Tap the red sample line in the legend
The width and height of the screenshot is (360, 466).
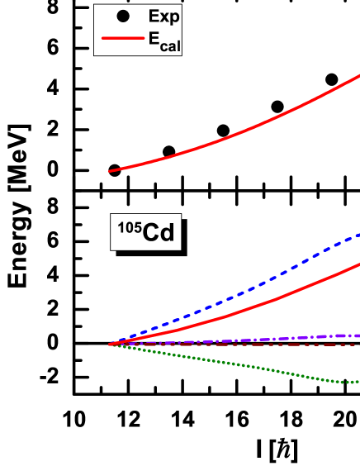click(x=122, y=39)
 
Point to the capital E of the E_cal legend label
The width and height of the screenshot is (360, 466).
click(x=154, y=38)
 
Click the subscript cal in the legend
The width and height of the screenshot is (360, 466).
click(x=170, y=45)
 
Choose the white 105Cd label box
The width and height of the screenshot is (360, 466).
click(x=145, y=232)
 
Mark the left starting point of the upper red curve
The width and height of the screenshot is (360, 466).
click(x=110, y=171)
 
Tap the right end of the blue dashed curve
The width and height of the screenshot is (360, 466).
click(x=358, y=235)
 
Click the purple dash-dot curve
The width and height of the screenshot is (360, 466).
click(x=248, y=340)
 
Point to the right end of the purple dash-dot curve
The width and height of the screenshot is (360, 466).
click(x=358, y=335)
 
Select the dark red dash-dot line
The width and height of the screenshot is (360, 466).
click(x=248, y=345)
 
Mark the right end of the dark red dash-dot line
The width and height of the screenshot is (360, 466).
click(x=358, y=345)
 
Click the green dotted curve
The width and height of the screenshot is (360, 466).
click(x=248, y=366)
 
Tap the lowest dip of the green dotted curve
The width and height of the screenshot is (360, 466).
click(x=350, y=382)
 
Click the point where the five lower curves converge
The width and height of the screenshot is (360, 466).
click(x=110, y=345)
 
